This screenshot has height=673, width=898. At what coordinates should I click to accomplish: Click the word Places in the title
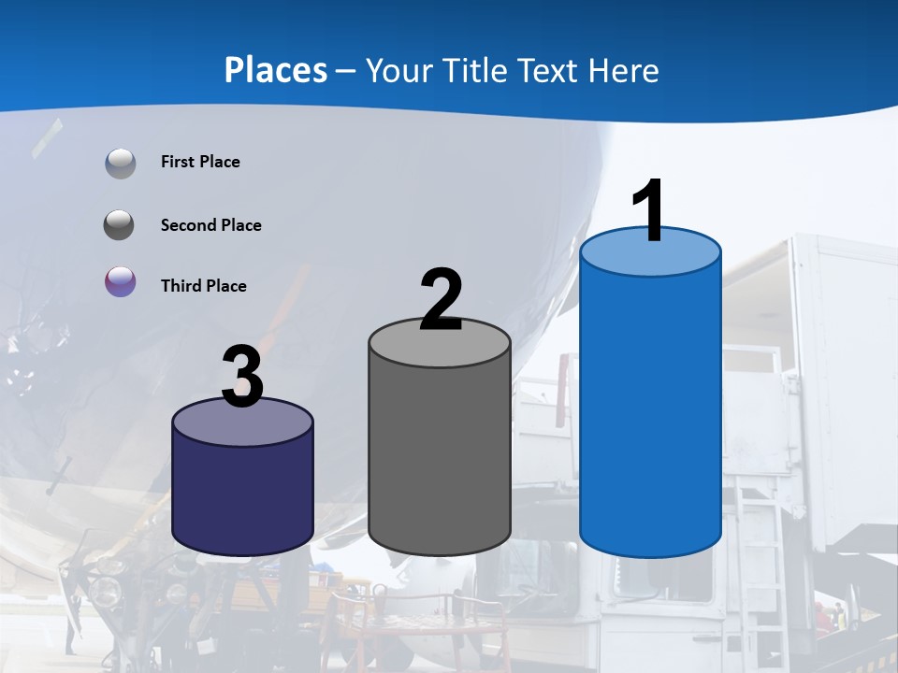pyautogui.click(x=276, y=70)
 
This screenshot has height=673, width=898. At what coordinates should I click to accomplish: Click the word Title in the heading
pyautogui.click(x=472, y=70)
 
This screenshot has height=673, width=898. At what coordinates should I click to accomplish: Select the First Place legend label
pyautogui.click(x=200, y=162)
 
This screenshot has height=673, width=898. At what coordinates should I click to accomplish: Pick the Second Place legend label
pyautogui.click(x=210, y=225)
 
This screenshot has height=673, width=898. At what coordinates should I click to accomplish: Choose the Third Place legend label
pyautogui.click(x=203, y=286)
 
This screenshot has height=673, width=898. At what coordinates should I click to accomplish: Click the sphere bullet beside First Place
pyautogui.click(x=121, y=164)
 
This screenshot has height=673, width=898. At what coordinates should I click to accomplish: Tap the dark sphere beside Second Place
pyautogui.click(x=120, y=225)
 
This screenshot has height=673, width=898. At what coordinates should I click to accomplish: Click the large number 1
pyautogui.click(x=649, y=211)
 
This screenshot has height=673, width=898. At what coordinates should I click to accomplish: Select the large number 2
pyautogui.click(x=441, y=300)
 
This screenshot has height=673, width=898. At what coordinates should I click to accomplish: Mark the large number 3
pyautogui.click(x=242, y=377)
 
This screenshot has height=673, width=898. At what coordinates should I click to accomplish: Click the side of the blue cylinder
pyautogui.click(x=650, y=411)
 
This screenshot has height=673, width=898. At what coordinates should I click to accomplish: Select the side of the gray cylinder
pyautogui.click(x=440, y=458)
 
